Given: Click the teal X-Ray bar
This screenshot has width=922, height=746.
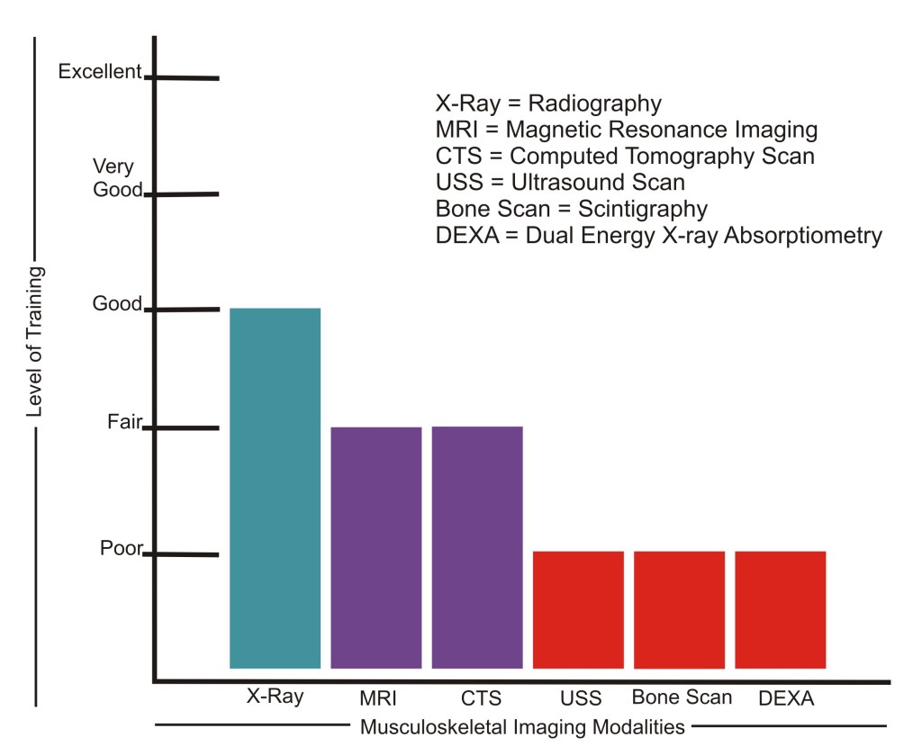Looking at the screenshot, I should click(275, 488).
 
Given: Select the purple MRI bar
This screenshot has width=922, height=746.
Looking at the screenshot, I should click(376, 547).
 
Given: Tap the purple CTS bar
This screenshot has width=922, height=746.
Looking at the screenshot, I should click(477, 547).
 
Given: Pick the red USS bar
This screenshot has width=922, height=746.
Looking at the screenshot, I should click(578, 609).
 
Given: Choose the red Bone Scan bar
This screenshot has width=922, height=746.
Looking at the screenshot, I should click(679, 609).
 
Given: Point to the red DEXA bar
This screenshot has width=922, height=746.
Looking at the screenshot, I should click(780, 609).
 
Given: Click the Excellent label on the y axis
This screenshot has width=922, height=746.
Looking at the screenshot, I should click(99, 72).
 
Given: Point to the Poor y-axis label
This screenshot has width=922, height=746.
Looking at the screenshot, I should click(122, 547).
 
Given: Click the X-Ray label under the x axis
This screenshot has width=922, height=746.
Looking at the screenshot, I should click(276, 697).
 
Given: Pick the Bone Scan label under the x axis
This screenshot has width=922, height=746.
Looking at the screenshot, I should click(682, 697).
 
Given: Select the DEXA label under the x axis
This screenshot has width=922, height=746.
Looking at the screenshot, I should click(782, 698).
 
